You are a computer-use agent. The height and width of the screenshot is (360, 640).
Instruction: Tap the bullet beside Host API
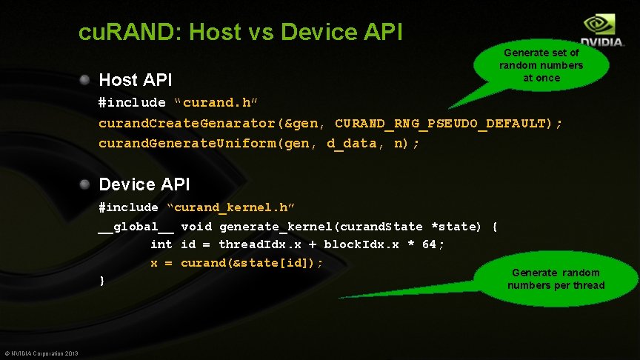coord(87,79)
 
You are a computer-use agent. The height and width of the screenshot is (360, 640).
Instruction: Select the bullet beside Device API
coord(87,183)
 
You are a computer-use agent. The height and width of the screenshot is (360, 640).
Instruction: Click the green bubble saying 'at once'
coord(541,65)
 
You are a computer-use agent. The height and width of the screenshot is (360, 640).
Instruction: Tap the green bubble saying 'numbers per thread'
coord(556,279)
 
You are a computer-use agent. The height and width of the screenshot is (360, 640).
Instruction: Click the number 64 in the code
coord(429,244)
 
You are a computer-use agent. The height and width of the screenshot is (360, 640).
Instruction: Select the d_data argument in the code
coord(351,143)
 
